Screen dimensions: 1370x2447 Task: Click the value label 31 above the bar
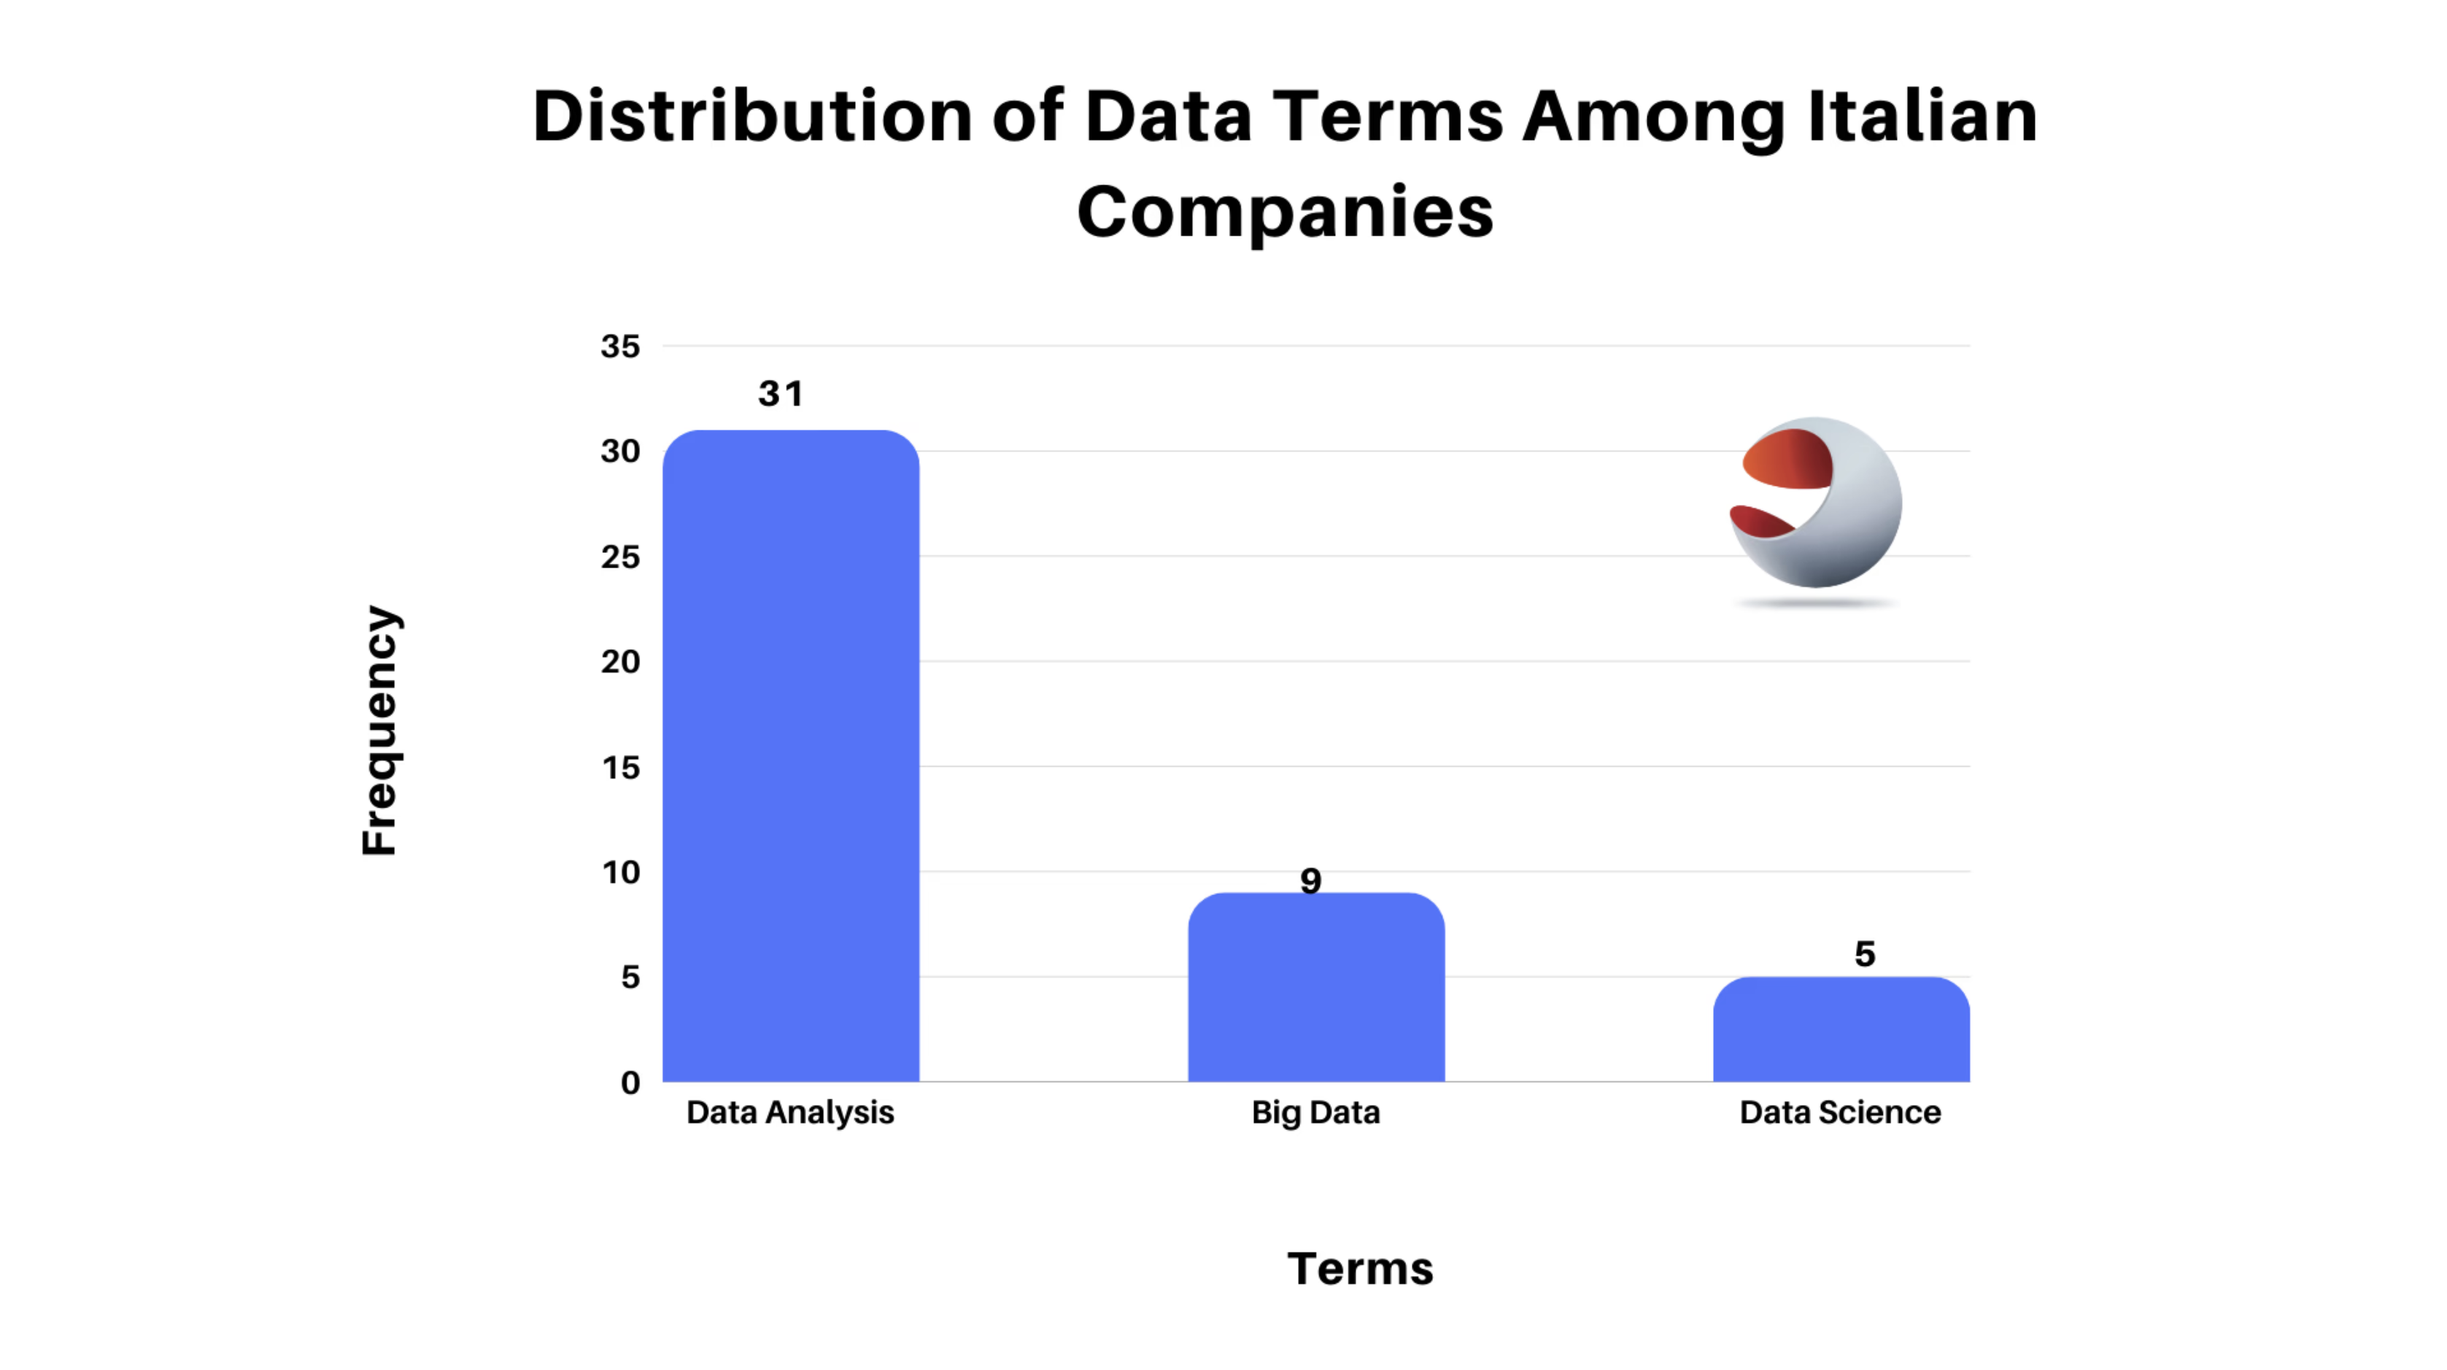781,393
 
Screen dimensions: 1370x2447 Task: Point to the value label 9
1311,881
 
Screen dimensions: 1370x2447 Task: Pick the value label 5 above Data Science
1865,954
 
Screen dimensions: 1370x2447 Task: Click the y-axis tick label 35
620,347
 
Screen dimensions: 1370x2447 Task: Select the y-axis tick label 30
620,452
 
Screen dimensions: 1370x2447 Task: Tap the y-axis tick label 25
620,557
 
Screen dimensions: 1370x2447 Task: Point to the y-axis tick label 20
620,661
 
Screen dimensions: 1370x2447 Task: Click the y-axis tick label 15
620,767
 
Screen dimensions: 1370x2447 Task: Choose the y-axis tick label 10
620,872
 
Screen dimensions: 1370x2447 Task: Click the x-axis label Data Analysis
790,1112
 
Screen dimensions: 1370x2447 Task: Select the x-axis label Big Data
1315,1112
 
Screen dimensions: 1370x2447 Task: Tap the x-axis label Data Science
1840,1112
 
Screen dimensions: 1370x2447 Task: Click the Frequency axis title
380,729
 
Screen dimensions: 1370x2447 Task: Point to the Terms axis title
1360,1269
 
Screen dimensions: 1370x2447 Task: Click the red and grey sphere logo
1815,503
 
